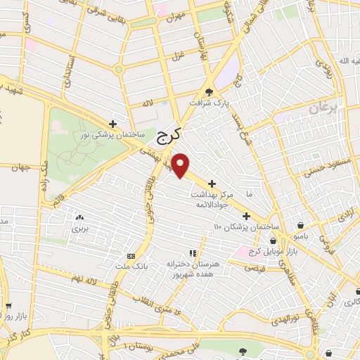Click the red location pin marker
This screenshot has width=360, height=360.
(182, 165)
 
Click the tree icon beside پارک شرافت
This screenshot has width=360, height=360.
(209, 91)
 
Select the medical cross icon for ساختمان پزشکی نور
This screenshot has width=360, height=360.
(122, 123)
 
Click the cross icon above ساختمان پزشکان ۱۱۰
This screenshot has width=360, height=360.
(245, 216)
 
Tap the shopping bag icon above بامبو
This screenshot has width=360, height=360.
(301, 225)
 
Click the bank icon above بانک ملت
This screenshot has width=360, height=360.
(131, 255)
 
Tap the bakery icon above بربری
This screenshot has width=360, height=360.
(79, 218)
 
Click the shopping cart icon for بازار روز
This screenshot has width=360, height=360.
(8, 306)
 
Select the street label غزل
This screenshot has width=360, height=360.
(178, 53)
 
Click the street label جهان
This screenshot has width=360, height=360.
(19, 167)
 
